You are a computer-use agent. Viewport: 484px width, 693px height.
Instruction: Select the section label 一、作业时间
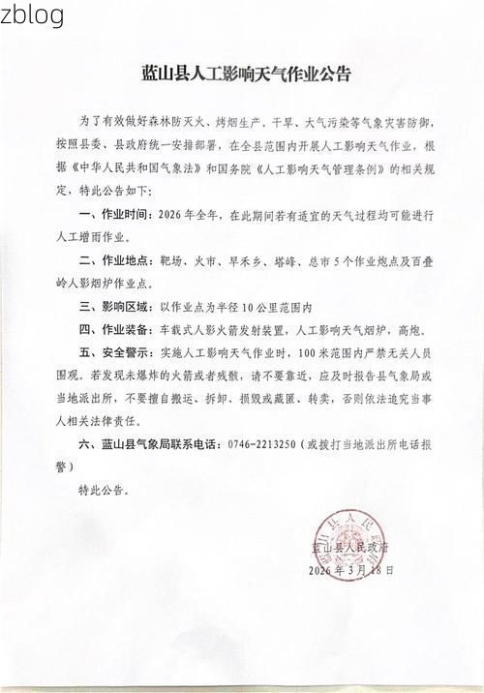[x=113, y=215]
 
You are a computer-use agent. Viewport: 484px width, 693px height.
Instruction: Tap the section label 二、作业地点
[x=113, y=261]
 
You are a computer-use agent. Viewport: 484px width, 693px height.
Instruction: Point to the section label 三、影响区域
[x=113, y=308]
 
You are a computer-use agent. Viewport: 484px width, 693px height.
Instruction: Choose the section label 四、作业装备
[x=113, y=331]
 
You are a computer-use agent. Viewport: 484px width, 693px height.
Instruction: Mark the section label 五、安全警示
[x=113, y=354]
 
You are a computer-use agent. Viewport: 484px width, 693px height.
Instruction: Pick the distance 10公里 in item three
[x=255, y=308]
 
